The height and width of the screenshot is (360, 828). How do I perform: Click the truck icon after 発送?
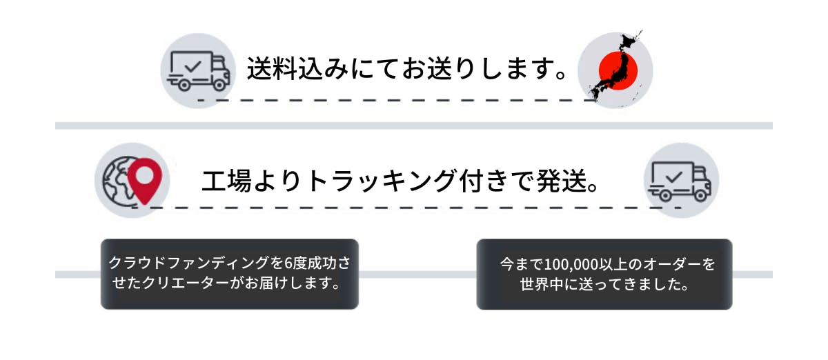pos(680,180)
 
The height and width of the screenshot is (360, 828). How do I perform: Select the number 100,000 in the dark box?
pos(574,264)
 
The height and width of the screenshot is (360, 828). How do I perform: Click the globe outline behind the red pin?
pos(115,181)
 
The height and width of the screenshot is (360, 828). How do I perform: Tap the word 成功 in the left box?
pos(325,263)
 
